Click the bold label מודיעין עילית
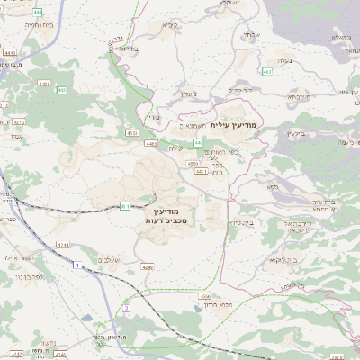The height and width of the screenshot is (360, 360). point(233,126)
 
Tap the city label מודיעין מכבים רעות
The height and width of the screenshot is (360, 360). point(165,214)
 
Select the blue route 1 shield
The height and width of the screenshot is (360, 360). point(77,265)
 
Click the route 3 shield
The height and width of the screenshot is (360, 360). point(127,309)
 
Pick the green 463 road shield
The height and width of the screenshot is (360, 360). point(267,71)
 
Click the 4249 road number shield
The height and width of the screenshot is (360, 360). point(148,267)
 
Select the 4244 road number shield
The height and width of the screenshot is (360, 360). point(62,244)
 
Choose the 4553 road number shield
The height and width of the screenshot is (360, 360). point(132,132)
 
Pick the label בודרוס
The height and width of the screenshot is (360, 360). point(128,48)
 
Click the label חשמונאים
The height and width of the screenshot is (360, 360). point(192,126)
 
